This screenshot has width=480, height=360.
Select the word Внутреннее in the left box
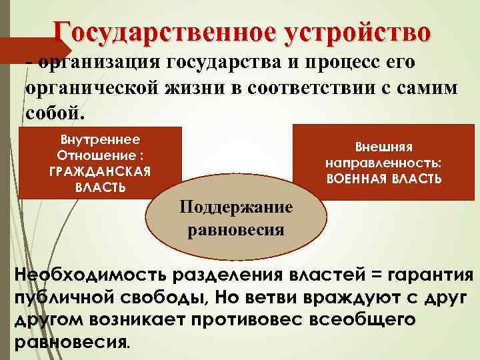pos(100,141)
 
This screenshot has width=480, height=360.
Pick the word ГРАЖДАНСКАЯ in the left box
pos(100,171)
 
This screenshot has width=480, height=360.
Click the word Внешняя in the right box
pos(383,148)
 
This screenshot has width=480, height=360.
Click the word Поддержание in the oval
pos(236,207)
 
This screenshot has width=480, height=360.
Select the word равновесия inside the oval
pos(236,230)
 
